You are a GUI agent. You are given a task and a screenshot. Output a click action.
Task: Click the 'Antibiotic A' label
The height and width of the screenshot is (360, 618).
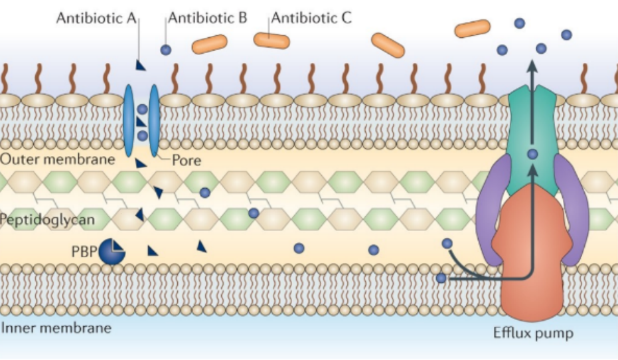click(96, 18)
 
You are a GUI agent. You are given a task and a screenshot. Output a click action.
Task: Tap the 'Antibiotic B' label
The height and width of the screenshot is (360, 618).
click(208, 18)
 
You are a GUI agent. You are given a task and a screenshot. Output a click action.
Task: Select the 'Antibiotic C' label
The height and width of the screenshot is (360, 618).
click(311, 18)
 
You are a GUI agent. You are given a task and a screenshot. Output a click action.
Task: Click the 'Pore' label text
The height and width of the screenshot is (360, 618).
click(187, 161)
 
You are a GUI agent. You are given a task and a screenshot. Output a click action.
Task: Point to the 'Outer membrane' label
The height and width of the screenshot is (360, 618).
click(58, 159)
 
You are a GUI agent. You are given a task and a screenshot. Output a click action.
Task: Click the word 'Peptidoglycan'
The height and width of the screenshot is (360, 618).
click(47, 220)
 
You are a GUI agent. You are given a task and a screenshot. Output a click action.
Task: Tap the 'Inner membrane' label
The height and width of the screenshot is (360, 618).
click(56, 328)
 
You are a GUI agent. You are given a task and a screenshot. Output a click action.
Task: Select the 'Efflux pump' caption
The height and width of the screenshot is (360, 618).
click(533, 333)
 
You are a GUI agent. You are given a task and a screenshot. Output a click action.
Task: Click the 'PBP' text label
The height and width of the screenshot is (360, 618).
click(84, 252)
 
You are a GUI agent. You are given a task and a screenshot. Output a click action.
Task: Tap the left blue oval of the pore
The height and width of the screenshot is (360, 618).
click(129, 120)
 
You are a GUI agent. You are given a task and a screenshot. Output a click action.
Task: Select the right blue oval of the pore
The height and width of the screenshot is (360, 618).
click(154, 120)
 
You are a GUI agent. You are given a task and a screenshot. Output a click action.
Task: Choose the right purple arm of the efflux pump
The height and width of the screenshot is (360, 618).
click(572, 209)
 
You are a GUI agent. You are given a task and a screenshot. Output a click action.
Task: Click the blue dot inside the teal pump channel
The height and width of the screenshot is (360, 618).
click(532, 154)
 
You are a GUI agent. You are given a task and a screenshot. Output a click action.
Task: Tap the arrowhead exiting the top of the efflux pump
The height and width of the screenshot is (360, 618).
click(532, 66)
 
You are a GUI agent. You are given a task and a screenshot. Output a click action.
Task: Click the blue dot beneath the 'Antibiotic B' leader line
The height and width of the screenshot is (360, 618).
click(166, 50)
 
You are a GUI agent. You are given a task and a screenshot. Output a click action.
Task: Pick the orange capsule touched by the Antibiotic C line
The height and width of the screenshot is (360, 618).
click(271, 41)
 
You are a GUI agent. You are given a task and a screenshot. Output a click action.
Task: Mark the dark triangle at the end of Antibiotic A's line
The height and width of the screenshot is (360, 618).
click(140, 66)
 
